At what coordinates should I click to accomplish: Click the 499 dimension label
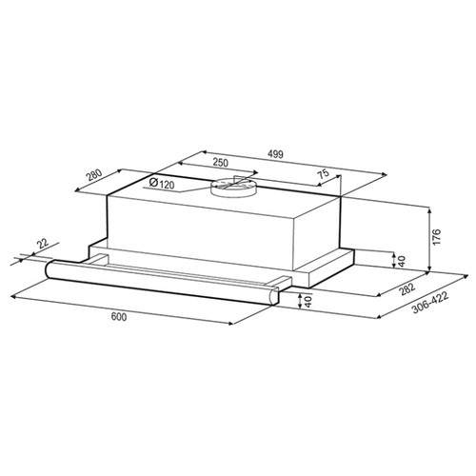[275, 154]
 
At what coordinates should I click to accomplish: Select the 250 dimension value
[220, 163]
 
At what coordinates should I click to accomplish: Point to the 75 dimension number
[324, 174]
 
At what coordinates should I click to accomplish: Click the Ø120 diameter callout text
[162, 184]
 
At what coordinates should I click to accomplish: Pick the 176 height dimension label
[437, 236]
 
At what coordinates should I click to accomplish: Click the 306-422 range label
[430, 303]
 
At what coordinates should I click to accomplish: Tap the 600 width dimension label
[119, 316]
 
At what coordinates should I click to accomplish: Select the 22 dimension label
[43, 244]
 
